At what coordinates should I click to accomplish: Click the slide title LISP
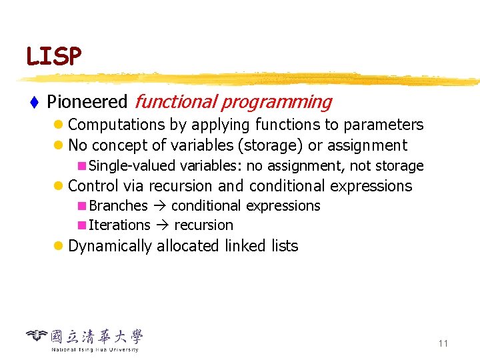click(53, 56)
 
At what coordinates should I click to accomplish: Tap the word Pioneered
click(87, 102)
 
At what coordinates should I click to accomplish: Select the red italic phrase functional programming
click(233, 102)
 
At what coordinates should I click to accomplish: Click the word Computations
click(117, 125)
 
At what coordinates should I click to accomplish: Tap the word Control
click(93, 186)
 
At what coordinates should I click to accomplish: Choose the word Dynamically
click(110, 246)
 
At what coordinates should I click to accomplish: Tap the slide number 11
click(443, 343)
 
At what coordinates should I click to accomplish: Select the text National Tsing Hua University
click(95, 349)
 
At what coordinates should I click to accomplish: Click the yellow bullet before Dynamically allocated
click(59, 246)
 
